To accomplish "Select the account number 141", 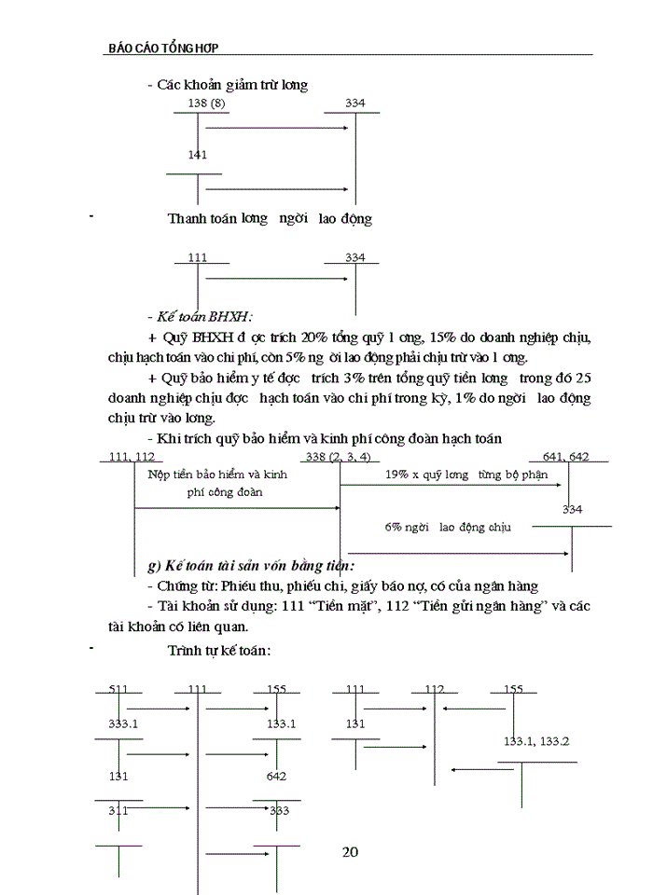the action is click(x=197, y=155).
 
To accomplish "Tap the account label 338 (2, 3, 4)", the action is click(x=338, y=456).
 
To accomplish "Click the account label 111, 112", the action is click(x=131, y=456).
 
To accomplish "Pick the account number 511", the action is click(x=118, y=689).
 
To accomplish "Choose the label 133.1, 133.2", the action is click(x=536, y=741).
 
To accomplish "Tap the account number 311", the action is click(x=118, y=810).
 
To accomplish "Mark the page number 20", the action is click(x=351, y=851).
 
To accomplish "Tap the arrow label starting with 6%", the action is click(x=448, y=527).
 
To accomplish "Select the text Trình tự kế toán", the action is click(x=219, y=649).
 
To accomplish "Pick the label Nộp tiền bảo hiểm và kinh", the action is click(x=217, y=474).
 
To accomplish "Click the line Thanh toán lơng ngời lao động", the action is click(x=270, y=219).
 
